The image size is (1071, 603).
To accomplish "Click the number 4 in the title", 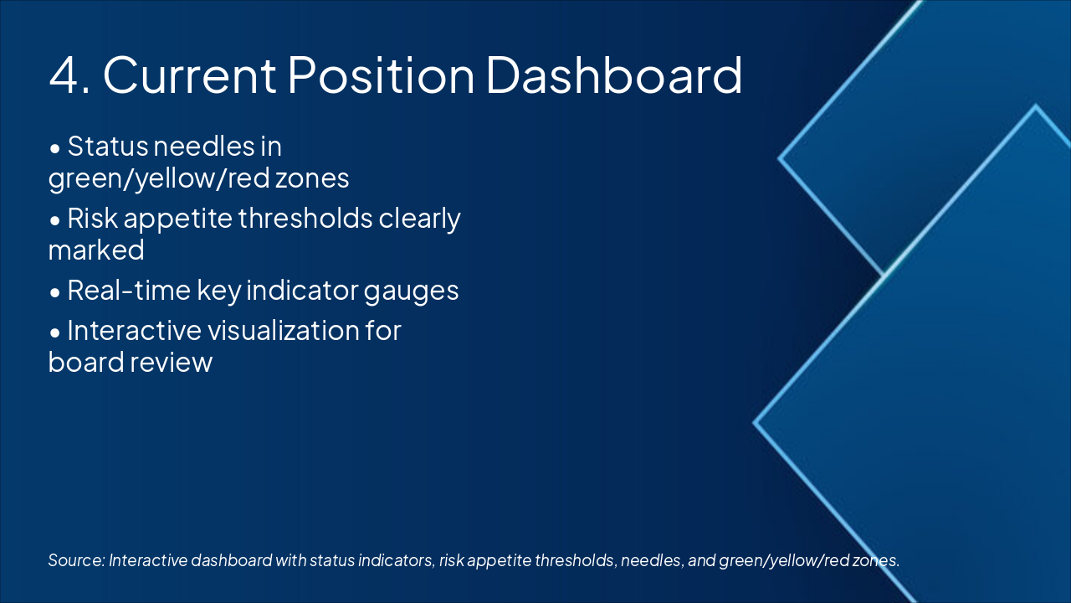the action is click(64, 75).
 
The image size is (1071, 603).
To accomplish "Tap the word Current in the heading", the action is click(190, 75).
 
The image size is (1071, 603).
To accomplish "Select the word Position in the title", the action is click(381, 75).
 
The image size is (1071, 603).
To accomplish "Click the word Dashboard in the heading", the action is click(614, 75).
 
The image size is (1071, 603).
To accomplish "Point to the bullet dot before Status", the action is click(55, 149).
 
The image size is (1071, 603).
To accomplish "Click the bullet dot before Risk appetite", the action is click(55, 221).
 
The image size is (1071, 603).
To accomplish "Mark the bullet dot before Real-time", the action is click(55, 293).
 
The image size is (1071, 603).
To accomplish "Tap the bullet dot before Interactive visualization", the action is click(55, 333).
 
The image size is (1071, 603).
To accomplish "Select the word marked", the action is click(96, 250).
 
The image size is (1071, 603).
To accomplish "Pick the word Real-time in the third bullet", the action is click(129, 290).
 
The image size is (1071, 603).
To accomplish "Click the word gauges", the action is click(411, 292).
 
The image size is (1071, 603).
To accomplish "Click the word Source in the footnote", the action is click(76, 560).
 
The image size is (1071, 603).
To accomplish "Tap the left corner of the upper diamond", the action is click(779, 158).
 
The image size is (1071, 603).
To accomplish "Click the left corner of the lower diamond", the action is click(754, 423).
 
